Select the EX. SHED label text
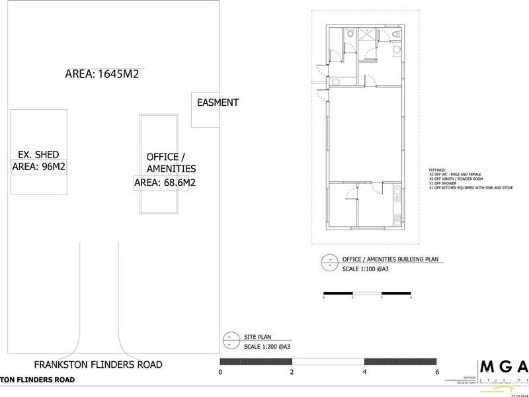click(x=38, y=155)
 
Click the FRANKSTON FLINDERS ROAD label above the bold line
click(x=99, y=365)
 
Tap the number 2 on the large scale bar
click(x=292, y=373)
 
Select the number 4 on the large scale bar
click(x=364, y=373)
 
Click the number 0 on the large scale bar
click(x=220, y=373)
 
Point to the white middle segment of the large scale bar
click(x=328, y=361)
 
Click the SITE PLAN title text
click(x=257, y=336)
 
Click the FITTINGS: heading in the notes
click(x=437, y=169)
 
